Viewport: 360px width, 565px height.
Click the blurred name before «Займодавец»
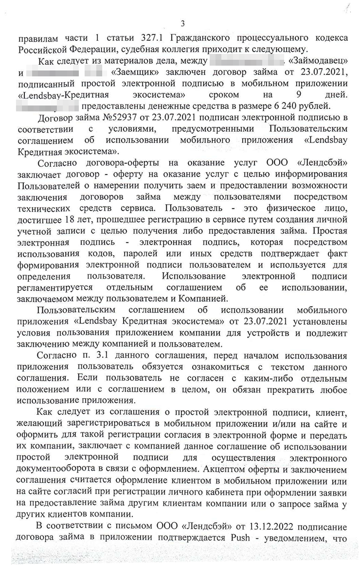pyautogui.click(x=246, y=61)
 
